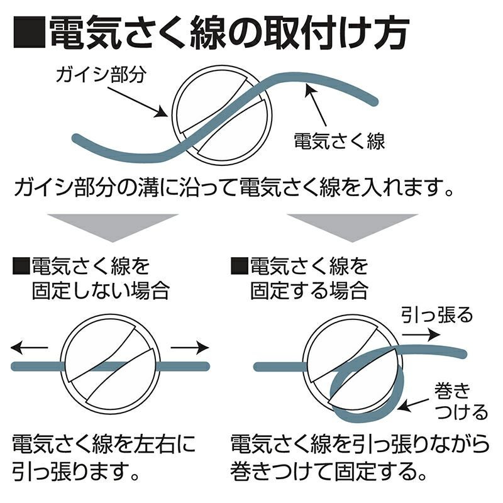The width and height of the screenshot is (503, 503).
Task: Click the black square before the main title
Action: (x=30, y=32)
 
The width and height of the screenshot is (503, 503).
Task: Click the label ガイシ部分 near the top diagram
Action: (x=101, y=74)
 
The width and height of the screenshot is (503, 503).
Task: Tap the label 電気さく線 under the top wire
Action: (x=340, y=141)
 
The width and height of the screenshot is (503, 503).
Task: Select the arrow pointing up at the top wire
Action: (x=316, y=104)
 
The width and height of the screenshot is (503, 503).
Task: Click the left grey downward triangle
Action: (x=113, y=228)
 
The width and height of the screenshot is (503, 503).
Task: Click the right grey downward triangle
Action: (x=353, y=228)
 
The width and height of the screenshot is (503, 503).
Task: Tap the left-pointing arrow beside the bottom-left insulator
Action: (x=29, y=348)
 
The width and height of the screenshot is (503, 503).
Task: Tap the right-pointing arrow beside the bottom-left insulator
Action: (x=190, y=348)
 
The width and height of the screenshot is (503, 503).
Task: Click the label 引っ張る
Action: (x=437, y=314)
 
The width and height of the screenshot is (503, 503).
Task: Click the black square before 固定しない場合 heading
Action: (x=21, y=266)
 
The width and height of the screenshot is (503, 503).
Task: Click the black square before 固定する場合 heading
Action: (x=240, y=266)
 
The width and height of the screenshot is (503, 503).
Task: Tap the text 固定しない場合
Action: (x=101, y=290)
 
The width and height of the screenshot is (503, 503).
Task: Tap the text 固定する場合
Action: (x=309, y=290)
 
